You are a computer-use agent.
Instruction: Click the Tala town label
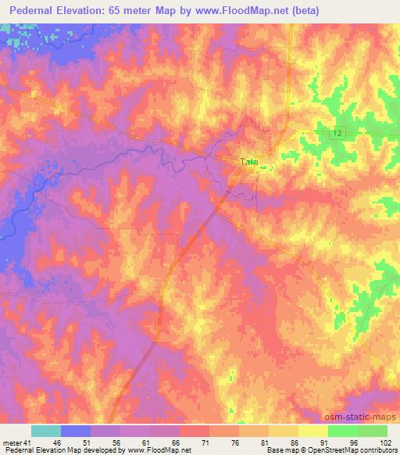coord(249,162)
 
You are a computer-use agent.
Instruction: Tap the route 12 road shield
coord(337,134)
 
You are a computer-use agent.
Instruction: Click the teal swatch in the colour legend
coord(46,431)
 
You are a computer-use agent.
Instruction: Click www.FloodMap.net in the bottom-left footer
coord(160,450)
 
